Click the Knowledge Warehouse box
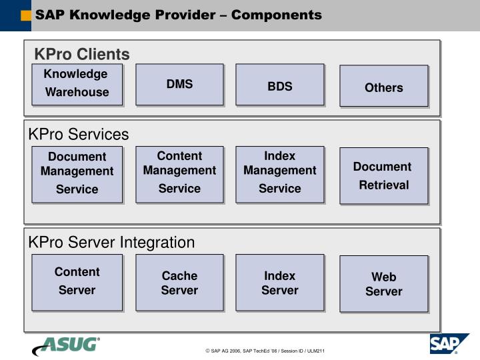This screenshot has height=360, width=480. tap(77, 84)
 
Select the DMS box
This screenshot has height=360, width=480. tap(179, 84)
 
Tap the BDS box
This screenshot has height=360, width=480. tap(280, 85)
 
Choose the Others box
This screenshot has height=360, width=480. tap(383, 87)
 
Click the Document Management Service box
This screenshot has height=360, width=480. tap(77, 173)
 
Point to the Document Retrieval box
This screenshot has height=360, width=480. tap(383, 175)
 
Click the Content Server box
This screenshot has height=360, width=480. tap(77, 281)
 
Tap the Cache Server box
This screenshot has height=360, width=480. tap(179, 283)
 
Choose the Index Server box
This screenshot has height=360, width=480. tap(280, 283)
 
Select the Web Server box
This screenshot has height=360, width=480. tap(383, 284)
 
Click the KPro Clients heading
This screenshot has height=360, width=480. tap(82, 54)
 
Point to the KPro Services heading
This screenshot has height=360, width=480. tap(78, 135)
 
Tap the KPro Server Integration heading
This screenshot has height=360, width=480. tap(111, 243)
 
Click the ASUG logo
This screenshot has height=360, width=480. tap(66, 345)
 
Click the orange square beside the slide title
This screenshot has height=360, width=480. tap(26, 15)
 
